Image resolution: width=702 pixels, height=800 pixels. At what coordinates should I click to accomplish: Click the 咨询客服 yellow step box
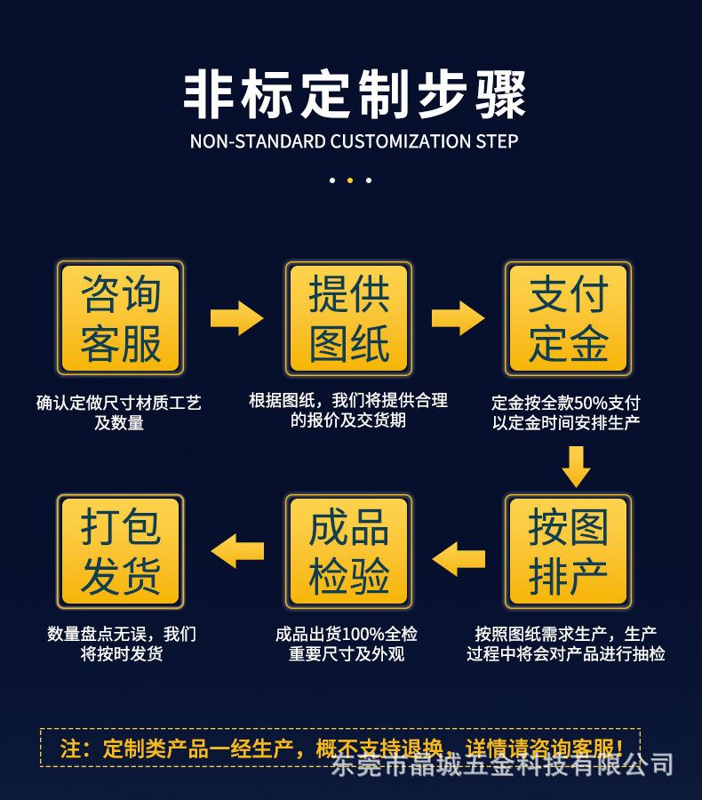tap(120, 318)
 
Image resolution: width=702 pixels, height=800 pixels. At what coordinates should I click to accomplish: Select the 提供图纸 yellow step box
tap(348, 318)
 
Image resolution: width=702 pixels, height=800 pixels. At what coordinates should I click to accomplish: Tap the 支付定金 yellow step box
tap(568, 318)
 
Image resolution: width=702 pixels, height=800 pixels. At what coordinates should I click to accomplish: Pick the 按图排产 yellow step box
tap(568, 552)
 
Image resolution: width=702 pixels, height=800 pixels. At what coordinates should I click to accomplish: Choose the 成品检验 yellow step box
tap(348, 552)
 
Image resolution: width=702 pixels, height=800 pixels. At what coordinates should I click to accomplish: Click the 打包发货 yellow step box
tap(120, 552)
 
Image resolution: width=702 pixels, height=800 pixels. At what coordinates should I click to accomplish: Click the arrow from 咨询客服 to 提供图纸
tap(236, 317)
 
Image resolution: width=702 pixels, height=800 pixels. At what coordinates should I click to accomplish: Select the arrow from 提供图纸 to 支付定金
tap(458, 317)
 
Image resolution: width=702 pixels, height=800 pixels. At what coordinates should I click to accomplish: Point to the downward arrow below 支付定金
tap(576, 466)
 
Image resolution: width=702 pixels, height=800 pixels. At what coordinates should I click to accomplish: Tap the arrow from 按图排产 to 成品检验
tap(459, 557)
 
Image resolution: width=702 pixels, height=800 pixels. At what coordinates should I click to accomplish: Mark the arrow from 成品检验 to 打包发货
tap(237, 549)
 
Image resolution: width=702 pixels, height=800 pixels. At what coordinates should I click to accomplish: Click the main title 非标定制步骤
tap(354, 94)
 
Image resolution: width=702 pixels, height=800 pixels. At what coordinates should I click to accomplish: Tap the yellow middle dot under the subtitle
tap(350, 180)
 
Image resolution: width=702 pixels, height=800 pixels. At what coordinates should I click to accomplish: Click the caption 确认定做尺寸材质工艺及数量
tap(119, 412)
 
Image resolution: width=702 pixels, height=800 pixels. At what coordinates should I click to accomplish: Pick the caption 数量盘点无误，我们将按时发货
tap(122, 644)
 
